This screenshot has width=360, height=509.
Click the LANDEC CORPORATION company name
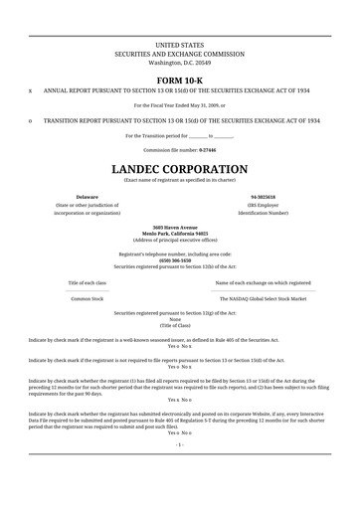click(179, 169)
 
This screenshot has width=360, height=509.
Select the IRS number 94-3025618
click(264, 197)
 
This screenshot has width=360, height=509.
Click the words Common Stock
click(88, 297)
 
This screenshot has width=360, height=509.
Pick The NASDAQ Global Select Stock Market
click(263, 297)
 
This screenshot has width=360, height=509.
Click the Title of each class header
click(88, 282)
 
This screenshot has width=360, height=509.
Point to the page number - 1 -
click(179, 472)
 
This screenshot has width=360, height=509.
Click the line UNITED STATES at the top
click(179, 46)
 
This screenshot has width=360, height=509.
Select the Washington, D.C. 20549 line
click(179, 62)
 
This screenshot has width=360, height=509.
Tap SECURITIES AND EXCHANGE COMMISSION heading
click(179, 54)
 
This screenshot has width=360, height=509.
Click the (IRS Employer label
click(264, 205)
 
